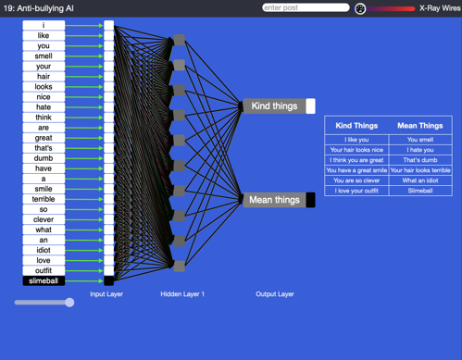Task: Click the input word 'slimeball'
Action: point(44,280)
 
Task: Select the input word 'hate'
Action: point(44,107)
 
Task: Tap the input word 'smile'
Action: point(44,189)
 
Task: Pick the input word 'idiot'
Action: point(44,250)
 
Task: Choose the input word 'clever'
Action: point(44,219)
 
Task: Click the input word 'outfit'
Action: point(44,270)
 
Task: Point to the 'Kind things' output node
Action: point(275,106)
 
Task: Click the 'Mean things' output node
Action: point(275,200)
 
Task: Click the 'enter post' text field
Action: point(305,7)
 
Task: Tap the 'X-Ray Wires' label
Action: point(440,8)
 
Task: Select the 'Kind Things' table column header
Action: point(356,125)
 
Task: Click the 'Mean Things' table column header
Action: point(419,125)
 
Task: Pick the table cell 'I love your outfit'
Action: point(356,191)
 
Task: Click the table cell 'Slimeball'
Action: point(419,191)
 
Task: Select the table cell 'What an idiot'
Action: point(419,180)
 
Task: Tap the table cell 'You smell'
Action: point(419,140)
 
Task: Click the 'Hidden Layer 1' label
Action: point(182,294)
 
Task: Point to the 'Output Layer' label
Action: point(275,294)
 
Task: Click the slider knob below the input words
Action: point(69,303)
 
